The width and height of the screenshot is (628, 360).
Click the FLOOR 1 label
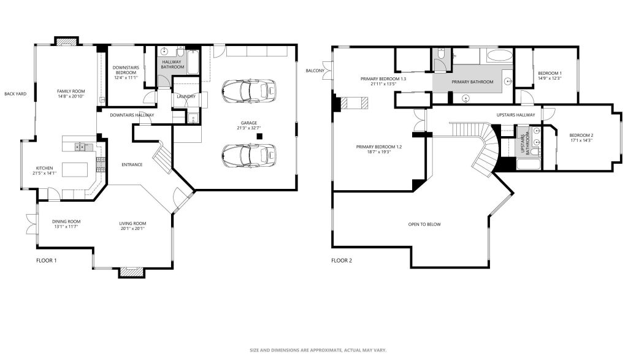(x=47, y=261)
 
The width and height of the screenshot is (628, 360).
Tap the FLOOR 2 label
(x=342, y=261)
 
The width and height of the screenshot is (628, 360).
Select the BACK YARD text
(x=15, y=94)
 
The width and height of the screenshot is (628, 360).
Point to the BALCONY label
(x=315, y=71)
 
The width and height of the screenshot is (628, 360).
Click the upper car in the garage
(x=249, y=91)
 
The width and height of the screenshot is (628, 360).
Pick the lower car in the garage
(x=249, y=155)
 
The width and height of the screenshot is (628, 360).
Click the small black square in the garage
(x=259, y=136)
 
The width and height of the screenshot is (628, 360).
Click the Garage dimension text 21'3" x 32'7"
(x=249, y=129)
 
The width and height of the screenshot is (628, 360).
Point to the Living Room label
(x=132, y=224)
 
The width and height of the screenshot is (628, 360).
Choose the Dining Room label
(x=66, y=221)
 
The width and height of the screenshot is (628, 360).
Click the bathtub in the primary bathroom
(x=499, y=56)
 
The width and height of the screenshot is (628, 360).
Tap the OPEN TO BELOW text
(x=424, y=224)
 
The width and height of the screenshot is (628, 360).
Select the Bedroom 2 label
(x=581, y=136)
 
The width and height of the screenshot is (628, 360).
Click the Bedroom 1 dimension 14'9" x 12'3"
(x=550, y=79)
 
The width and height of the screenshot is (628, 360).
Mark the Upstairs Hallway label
(x=516, y=115)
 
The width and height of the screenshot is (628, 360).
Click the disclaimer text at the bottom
(x=318, y=350)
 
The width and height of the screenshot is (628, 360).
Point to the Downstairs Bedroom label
(x=126, y=71)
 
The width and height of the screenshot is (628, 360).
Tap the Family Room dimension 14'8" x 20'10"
(x=71, y=96)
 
